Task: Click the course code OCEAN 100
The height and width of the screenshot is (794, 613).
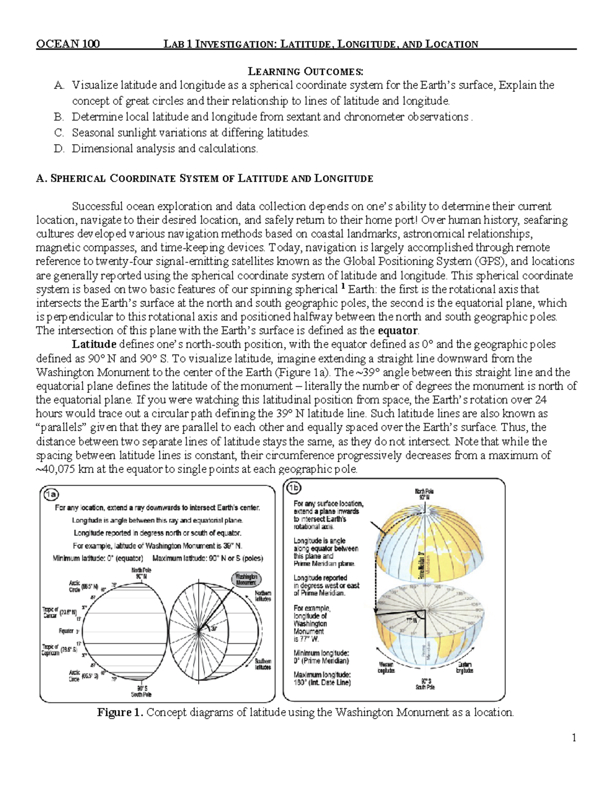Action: [67, 44]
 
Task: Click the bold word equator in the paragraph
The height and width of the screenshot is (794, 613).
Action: [397, 330]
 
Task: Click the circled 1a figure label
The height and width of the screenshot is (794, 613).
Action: [52, 494]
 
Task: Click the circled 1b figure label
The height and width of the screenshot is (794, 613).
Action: [293, 488]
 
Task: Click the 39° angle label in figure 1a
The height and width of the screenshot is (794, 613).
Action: [215, 630]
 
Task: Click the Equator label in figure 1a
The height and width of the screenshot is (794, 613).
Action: [66, 631]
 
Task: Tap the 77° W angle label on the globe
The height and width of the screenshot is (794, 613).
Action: [412, 620]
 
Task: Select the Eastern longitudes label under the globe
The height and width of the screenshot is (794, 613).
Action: [464, 667]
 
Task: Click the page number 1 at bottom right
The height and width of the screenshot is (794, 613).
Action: [574, 737]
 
